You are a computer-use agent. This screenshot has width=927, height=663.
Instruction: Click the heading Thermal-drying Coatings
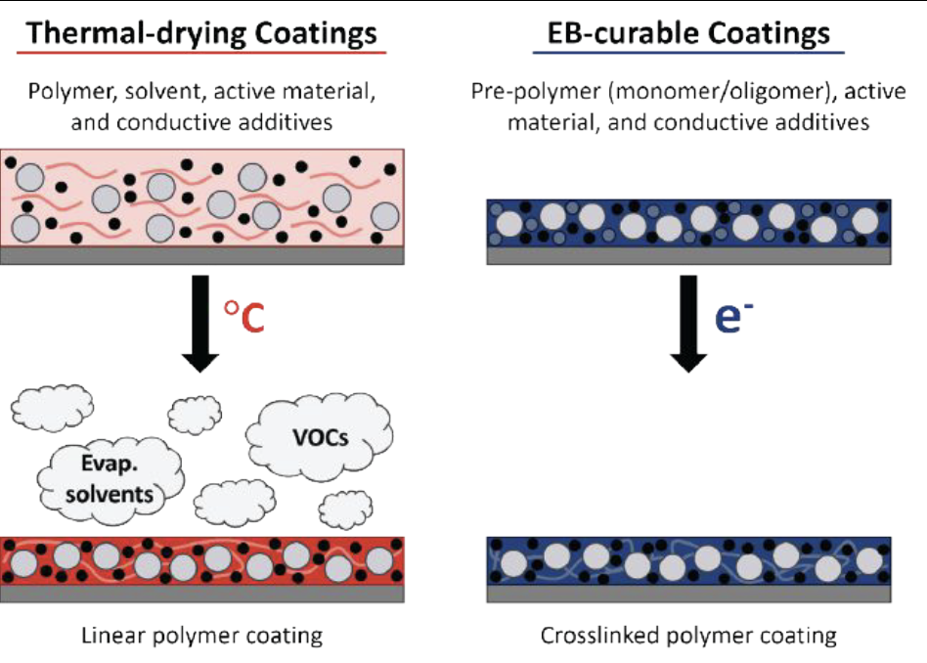pyautogui.click(x=201, y=33)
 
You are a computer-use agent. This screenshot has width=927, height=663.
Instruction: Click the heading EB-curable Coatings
pyautogui.click(x=688, y=33)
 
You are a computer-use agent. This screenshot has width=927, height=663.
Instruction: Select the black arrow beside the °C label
pyautogui.click(x=200, y=324)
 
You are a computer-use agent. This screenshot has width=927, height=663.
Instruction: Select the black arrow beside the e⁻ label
pyautogui.click(x=688, y=324)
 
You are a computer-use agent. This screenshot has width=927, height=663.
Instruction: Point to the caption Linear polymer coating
pyautogui.click(x=201, y=636)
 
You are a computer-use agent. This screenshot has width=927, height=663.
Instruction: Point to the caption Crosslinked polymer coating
pyautogui.click(x=688, y=636)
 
